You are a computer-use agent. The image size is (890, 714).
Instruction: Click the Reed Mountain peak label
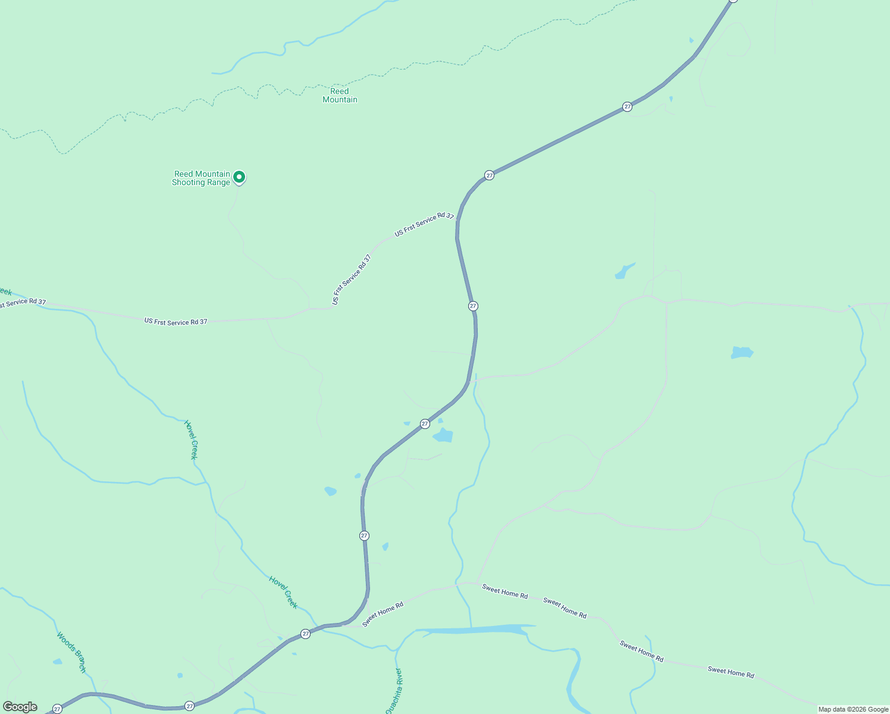coord(340,95)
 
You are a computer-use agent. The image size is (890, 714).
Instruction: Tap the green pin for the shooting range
coord(239,177)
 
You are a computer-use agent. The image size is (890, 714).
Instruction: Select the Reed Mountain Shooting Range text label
coord(201,178)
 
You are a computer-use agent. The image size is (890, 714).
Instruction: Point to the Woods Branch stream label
coord(71,652)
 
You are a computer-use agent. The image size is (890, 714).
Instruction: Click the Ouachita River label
coord(394,690)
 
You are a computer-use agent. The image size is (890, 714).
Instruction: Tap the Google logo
coord(20,707)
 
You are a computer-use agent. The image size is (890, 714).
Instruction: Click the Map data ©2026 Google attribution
coord(853,709)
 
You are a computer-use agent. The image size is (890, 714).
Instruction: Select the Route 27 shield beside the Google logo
coord(57,709)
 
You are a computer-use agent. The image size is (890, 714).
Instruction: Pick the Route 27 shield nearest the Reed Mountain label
coord(489,175)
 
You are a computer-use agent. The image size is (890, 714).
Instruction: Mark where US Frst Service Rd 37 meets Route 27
coord(457,220)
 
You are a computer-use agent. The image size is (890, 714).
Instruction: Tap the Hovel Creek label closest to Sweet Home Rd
coord(283,591)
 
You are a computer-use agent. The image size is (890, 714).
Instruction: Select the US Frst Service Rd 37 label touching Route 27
coord(424,224)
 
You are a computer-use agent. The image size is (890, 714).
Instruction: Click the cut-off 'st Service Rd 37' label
coord(23,303)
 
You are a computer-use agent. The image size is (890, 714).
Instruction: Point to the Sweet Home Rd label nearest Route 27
coord(383,614)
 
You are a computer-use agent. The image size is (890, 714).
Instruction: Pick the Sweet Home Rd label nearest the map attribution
coord(731,672)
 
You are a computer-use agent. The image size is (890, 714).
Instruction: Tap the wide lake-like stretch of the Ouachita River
coord(476,630)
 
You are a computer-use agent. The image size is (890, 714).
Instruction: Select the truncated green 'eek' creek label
coord(5,292)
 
